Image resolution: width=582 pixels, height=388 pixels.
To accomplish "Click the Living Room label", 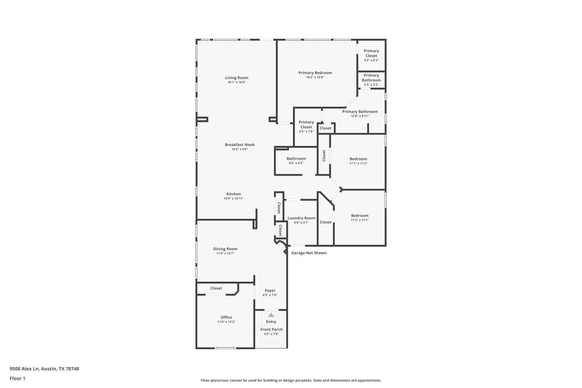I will coord(237,78).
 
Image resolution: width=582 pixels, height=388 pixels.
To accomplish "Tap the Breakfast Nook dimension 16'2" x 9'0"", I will coord(239,149).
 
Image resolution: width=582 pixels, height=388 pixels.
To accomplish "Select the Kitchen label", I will coord(234,194).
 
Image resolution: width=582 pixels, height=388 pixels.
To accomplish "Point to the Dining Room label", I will coord(225,249).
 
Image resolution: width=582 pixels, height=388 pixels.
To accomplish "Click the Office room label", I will coord(226,317).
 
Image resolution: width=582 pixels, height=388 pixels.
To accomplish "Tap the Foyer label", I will coord(270,291).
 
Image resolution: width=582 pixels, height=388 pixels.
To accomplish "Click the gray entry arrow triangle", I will coord(271,315).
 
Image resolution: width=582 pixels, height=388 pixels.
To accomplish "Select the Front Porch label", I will coord(271,329).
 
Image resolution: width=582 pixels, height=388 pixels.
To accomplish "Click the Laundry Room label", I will coord(301,218).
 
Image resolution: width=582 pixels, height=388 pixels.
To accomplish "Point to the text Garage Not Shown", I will coord(309,253).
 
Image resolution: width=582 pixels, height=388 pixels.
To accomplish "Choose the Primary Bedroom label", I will coord(315,73).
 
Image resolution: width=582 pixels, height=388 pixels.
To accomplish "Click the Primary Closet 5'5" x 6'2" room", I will coord(371,55).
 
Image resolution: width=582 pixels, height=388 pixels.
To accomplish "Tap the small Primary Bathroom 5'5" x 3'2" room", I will coord(371,80).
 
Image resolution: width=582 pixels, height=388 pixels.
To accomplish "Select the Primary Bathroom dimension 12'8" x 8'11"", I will coord(360,116).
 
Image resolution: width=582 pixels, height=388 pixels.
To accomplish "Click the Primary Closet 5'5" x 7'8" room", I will coord(306,126).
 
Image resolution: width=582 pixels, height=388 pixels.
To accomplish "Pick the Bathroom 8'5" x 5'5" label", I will coord(296,159).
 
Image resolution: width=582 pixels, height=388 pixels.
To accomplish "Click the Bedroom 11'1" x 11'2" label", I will coord(358,159).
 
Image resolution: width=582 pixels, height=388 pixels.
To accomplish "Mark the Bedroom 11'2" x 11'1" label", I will coord(360,216).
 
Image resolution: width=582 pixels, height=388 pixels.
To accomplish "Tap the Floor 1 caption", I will coord(17,378).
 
